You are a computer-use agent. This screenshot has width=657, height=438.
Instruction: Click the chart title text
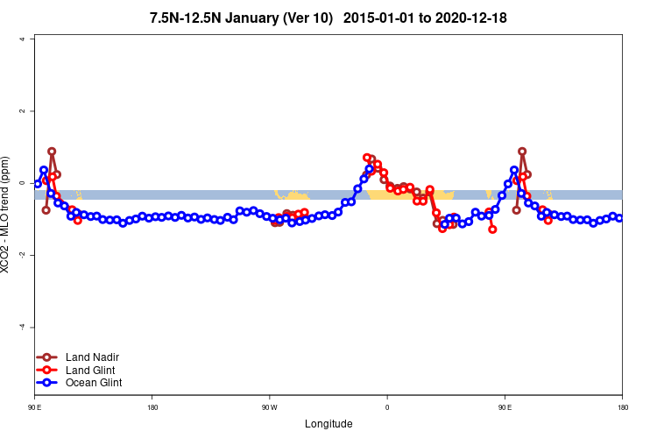pos(328,18)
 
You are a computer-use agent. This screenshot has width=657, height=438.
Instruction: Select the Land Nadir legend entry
pos(92,357)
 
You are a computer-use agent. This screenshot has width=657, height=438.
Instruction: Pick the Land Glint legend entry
pos(91,370)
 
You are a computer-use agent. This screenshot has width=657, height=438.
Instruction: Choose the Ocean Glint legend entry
pos(93,383)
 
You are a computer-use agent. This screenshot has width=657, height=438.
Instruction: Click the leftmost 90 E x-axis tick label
pos(34,407)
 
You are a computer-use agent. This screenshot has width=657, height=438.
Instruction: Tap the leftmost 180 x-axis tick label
pos(152,407)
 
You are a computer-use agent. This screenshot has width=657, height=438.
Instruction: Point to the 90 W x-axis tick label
pos(269,407)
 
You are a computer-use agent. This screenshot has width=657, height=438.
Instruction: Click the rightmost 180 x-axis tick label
pos(622,407)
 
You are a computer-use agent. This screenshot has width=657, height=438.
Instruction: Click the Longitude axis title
pos(328,424)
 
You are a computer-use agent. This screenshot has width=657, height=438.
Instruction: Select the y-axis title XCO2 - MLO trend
pos(8,215)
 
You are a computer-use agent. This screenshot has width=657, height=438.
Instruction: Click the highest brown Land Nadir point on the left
pos(52,152)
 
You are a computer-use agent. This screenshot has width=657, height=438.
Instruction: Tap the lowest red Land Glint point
pos(492,230)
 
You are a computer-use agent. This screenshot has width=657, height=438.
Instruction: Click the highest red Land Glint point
pos(367,158)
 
